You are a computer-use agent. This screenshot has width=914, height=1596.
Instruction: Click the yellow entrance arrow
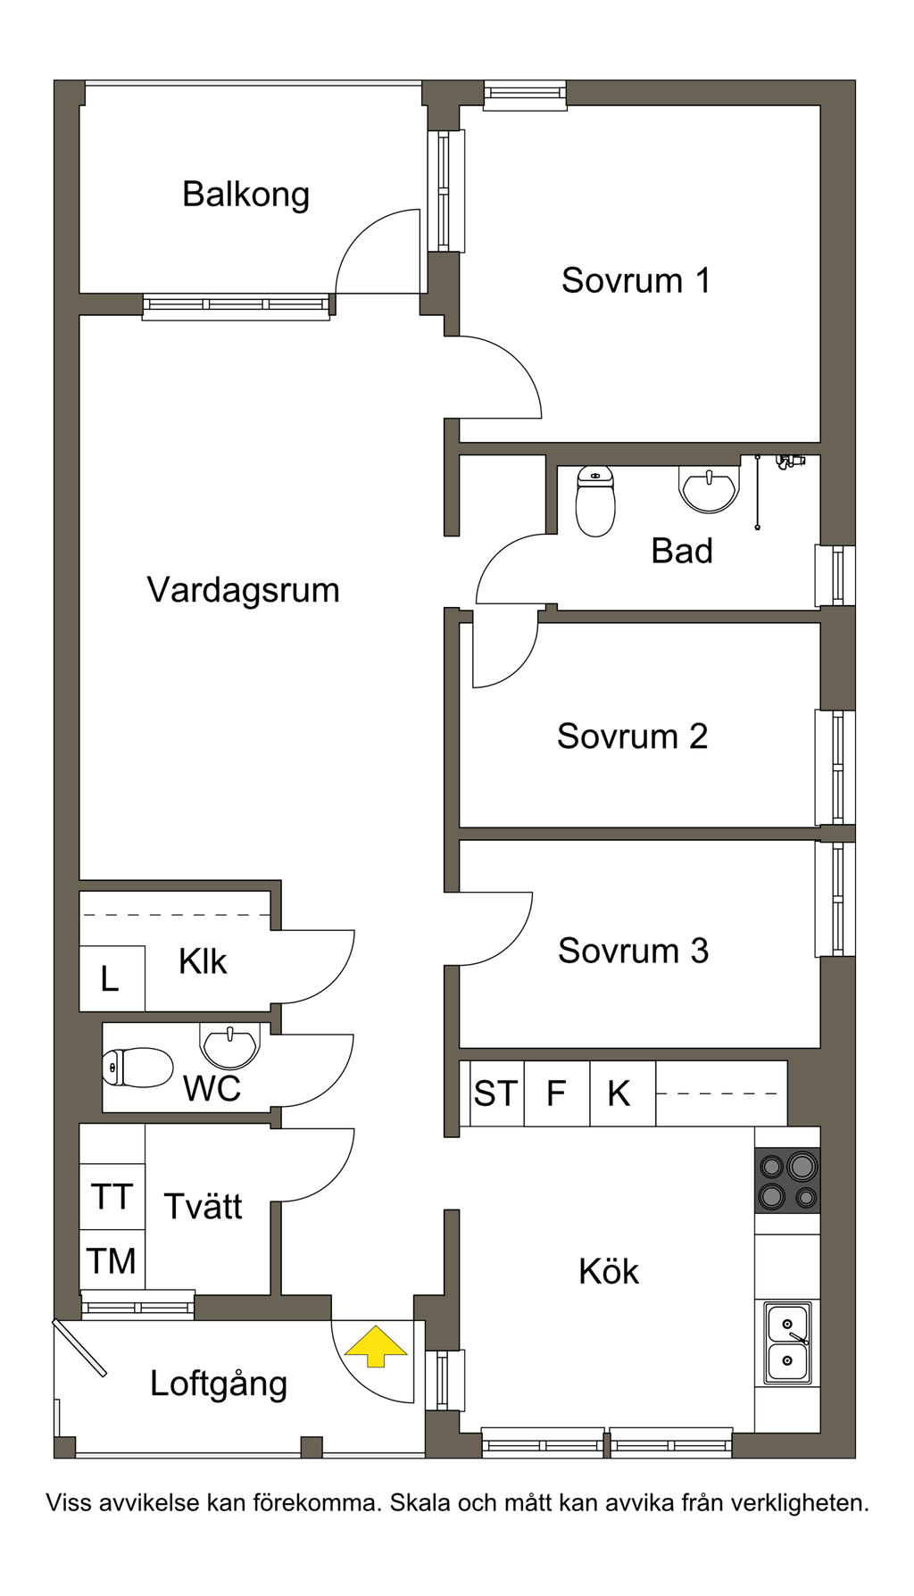(376, 1346)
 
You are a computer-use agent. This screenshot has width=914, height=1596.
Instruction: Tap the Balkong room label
(245, 195)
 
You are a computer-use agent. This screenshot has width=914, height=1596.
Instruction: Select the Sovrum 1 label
(636, 280)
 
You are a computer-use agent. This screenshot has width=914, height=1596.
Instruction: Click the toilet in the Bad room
(595, 500)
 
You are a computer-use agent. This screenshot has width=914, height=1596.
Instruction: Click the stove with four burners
(787, 1180)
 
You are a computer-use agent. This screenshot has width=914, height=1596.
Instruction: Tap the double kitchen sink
(787, 1342)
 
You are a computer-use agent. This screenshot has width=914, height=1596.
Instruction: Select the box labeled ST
(495, 1093)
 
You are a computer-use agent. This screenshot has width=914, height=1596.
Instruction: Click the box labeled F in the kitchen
(557, 1093)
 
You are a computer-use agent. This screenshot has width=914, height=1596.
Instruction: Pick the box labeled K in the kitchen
(622, 1093)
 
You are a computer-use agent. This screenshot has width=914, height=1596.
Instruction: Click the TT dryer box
(112, 1196)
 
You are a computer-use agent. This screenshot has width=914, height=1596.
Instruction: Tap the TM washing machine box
(112, 1260)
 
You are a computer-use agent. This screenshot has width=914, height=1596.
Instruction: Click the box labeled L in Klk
(112, 978)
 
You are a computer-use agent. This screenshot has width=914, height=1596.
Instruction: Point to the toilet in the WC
(137, 1067)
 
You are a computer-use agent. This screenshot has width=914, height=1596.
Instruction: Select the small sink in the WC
(230, 1045)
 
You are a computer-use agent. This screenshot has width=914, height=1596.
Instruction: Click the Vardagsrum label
(243, 590)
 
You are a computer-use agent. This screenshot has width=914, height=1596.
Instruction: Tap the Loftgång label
(219, 1384)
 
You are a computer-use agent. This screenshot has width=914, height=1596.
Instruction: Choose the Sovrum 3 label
(634, 951)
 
